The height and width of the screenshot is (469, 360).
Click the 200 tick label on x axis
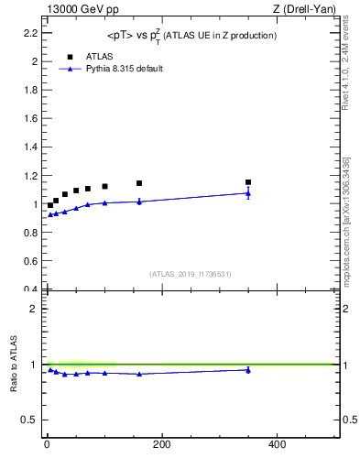[161, 445]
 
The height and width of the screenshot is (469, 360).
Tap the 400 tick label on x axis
[277, 445]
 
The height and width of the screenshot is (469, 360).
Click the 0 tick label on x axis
[47, 445]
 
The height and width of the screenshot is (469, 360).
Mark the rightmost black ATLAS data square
[248, 182]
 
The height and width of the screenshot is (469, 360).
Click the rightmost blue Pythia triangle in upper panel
[248, 193]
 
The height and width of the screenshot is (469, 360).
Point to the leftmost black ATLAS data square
[50, 205]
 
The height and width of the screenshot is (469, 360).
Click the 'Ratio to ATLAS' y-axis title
[14, 365]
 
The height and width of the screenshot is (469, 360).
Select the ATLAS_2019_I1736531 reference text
[191, 274]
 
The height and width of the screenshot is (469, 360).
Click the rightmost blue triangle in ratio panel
[248, 370]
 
